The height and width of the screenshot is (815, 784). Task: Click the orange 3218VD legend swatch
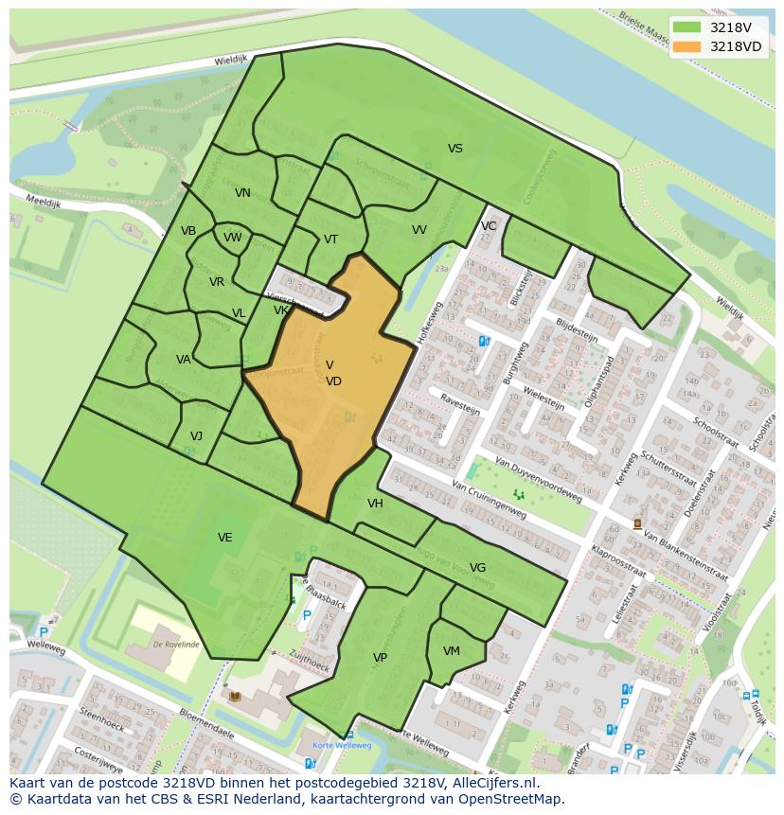(688, 46)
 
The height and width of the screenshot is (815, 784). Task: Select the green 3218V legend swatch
(688, 27)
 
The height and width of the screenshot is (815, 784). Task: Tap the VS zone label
(455, 149)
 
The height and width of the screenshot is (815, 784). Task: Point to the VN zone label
(242, 193)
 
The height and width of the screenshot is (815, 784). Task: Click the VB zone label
(188, 231)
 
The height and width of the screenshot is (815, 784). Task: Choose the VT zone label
(330, 239)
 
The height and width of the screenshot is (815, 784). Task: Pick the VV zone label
(419, 230)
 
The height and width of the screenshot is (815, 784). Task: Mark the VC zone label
(489, 226)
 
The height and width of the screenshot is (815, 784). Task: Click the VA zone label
(184, 360)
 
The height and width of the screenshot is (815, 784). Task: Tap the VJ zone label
(196, 436)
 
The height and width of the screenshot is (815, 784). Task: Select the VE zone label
(224, 538)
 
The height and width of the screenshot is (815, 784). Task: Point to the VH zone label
(376, 504)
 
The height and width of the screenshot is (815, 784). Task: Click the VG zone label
(477, 568)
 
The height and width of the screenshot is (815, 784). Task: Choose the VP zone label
(380, 658)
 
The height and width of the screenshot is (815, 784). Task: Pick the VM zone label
(452, 651)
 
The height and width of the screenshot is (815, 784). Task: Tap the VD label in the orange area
(333, 381)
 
